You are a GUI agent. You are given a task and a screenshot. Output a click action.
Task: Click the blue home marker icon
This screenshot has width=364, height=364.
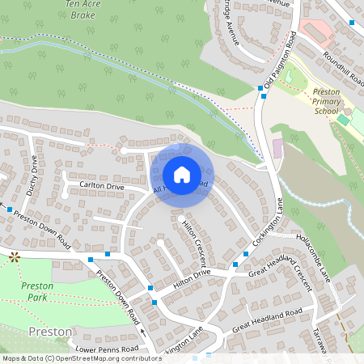tap(182, 174)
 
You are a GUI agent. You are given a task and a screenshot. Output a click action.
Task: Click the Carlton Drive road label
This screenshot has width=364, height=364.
tap(102, 186)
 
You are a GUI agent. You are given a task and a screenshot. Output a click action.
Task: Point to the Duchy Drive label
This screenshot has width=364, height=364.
tap(34, 170)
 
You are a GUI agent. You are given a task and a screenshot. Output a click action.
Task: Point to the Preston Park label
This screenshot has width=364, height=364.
tap(37, 291)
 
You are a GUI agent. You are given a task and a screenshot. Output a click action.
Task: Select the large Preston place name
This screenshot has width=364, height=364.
tap(50, 332)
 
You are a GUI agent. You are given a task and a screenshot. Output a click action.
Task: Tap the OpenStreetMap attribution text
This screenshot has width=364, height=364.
tap(81, 358)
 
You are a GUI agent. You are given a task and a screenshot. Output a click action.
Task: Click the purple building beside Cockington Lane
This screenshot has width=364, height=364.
tap(279, 149)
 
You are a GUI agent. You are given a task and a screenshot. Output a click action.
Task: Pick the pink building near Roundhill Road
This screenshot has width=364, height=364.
tap(317, 32)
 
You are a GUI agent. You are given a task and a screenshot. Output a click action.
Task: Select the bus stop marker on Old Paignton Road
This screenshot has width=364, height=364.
tap(261, 87)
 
